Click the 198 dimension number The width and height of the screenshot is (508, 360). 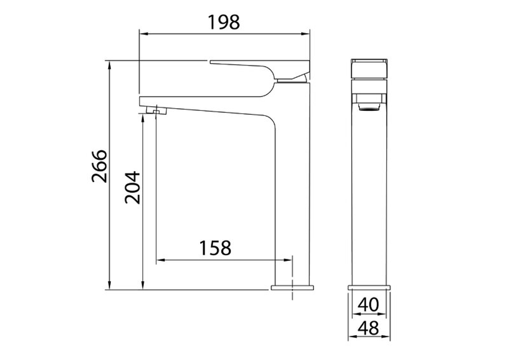224,22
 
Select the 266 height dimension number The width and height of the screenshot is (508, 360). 99,166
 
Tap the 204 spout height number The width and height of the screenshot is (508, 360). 133,188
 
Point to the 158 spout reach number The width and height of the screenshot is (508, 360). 215,248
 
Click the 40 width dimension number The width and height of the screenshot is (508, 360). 368,305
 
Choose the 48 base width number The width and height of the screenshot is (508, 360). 369,328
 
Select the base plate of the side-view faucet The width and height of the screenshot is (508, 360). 292,287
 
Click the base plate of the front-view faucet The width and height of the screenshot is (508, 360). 369,287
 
